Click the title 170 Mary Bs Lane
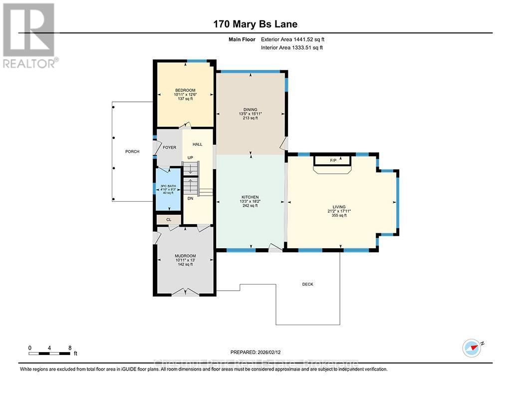pos(255,24)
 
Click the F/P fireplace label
pos(333,161)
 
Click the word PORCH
pos(132,152)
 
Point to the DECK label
pos(307,284)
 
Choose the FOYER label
pos(170,148)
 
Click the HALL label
pos(198,144)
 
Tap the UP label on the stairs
pos(190,158)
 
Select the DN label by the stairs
pos(190,198)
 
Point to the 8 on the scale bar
pos(70,348)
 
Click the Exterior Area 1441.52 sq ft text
pos(295,39)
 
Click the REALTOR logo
pos(29,35)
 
